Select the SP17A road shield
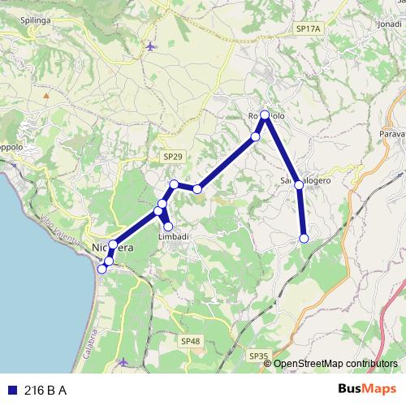point(309,28)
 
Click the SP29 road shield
point(172,155)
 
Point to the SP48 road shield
point(191,341)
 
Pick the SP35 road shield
point(258,356)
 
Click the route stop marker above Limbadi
point(169,227)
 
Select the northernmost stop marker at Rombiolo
point(265,114)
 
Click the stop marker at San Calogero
point(299,185)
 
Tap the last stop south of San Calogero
point(304,238)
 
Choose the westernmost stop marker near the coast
point(101,269)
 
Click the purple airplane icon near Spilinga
point(150,46)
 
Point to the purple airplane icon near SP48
point(123,361)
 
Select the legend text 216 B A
point(45,391)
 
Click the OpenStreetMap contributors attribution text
point(335,364)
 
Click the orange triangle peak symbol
point(46,95)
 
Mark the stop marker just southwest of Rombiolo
point(255,136)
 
